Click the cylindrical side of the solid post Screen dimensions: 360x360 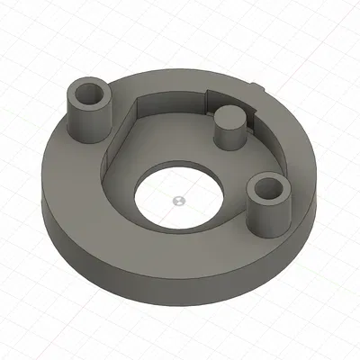(x=229, y=137)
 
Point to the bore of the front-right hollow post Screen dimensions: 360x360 (x=266, y=189)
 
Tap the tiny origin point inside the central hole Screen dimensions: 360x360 (x=178, y=196)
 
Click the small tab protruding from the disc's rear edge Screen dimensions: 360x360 (x=259, y=88)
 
